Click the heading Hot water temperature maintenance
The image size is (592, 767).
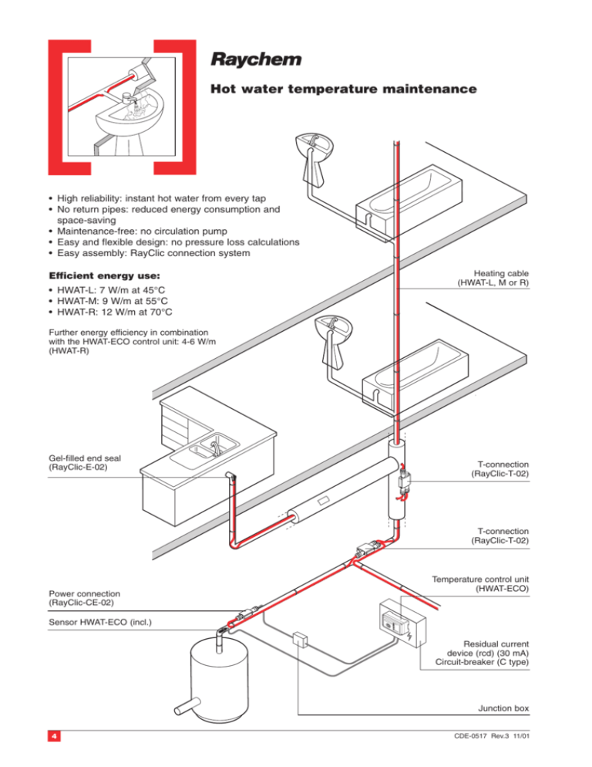(343, 91)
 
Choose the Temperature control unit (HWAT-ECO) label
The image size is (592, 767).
(480, 583)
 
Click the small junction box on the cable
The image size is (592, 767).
(301, 640)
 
